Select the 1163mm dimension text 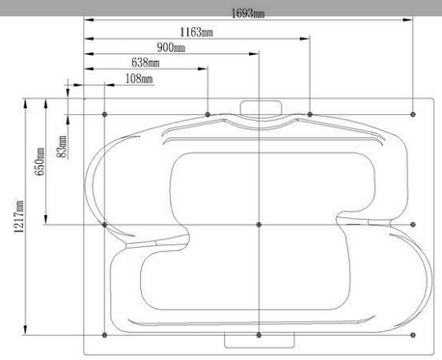pos(196,31)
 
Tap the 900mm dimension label pos(171,47)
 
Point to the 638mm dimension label pos(145,63)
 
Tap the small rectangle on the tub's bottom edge pos(258,340)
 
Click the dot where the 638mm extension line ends pos(207,114)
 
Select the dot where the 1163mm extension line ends pos(309,114)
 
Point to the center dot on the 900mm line pos(259,225)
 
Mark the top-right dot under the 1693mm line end pos(413,114)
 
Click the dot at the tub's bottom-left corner pos(104,335)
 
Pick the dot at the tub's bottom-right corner pos(413,335)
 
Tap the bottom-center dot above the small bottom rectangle pos(259,335)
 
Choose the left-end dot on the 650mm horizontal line pos(104,225)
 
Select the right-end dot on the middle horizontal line pos(413,225)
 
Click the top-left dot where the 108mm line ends pos(104,114)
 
